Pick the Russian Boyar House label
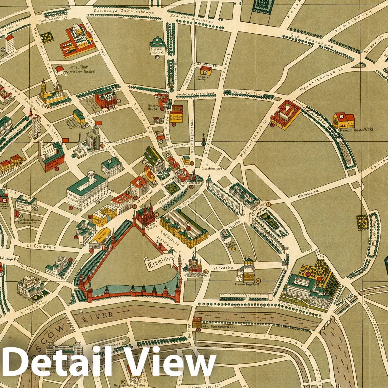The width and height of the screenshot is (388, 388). pyautogui.click(x=245, y=284)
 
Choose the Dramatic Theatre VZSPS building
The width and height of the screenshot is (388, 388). pyautogui.click(x=344, y=120)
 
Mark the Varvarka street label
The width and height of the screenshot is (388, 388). pyautogui.click(x=223, y=268)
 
